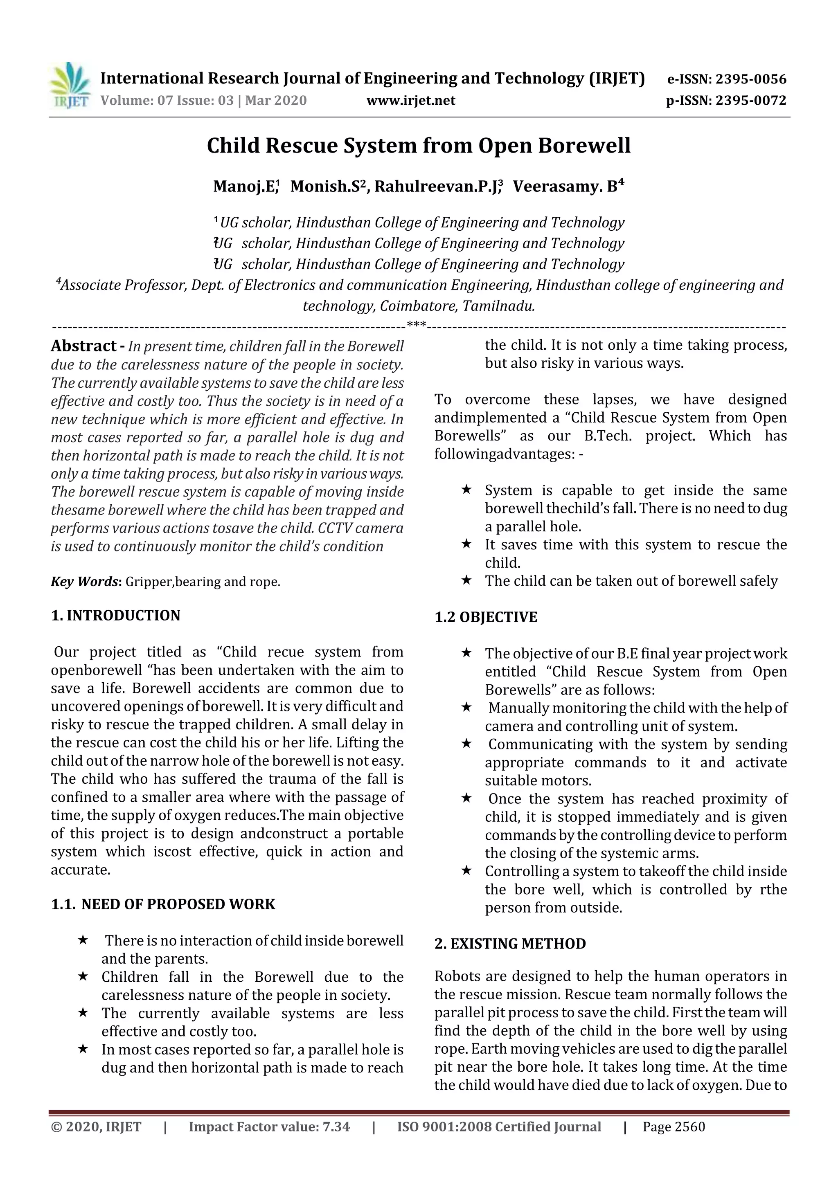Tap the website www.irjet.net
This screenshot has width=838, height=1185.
pos(411,100)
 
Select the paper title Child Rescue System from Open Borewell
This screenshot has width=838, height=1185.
pos(419,146)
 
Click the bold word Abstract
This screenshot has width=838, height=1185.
pos(83,346)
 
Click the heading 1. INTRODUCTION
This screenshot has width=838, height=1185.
pos(116,615)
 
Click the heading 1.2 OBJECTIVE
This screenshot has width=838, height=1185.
pos(486,617)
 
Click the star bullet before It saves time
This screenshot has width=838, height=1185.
pos(466,544)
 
